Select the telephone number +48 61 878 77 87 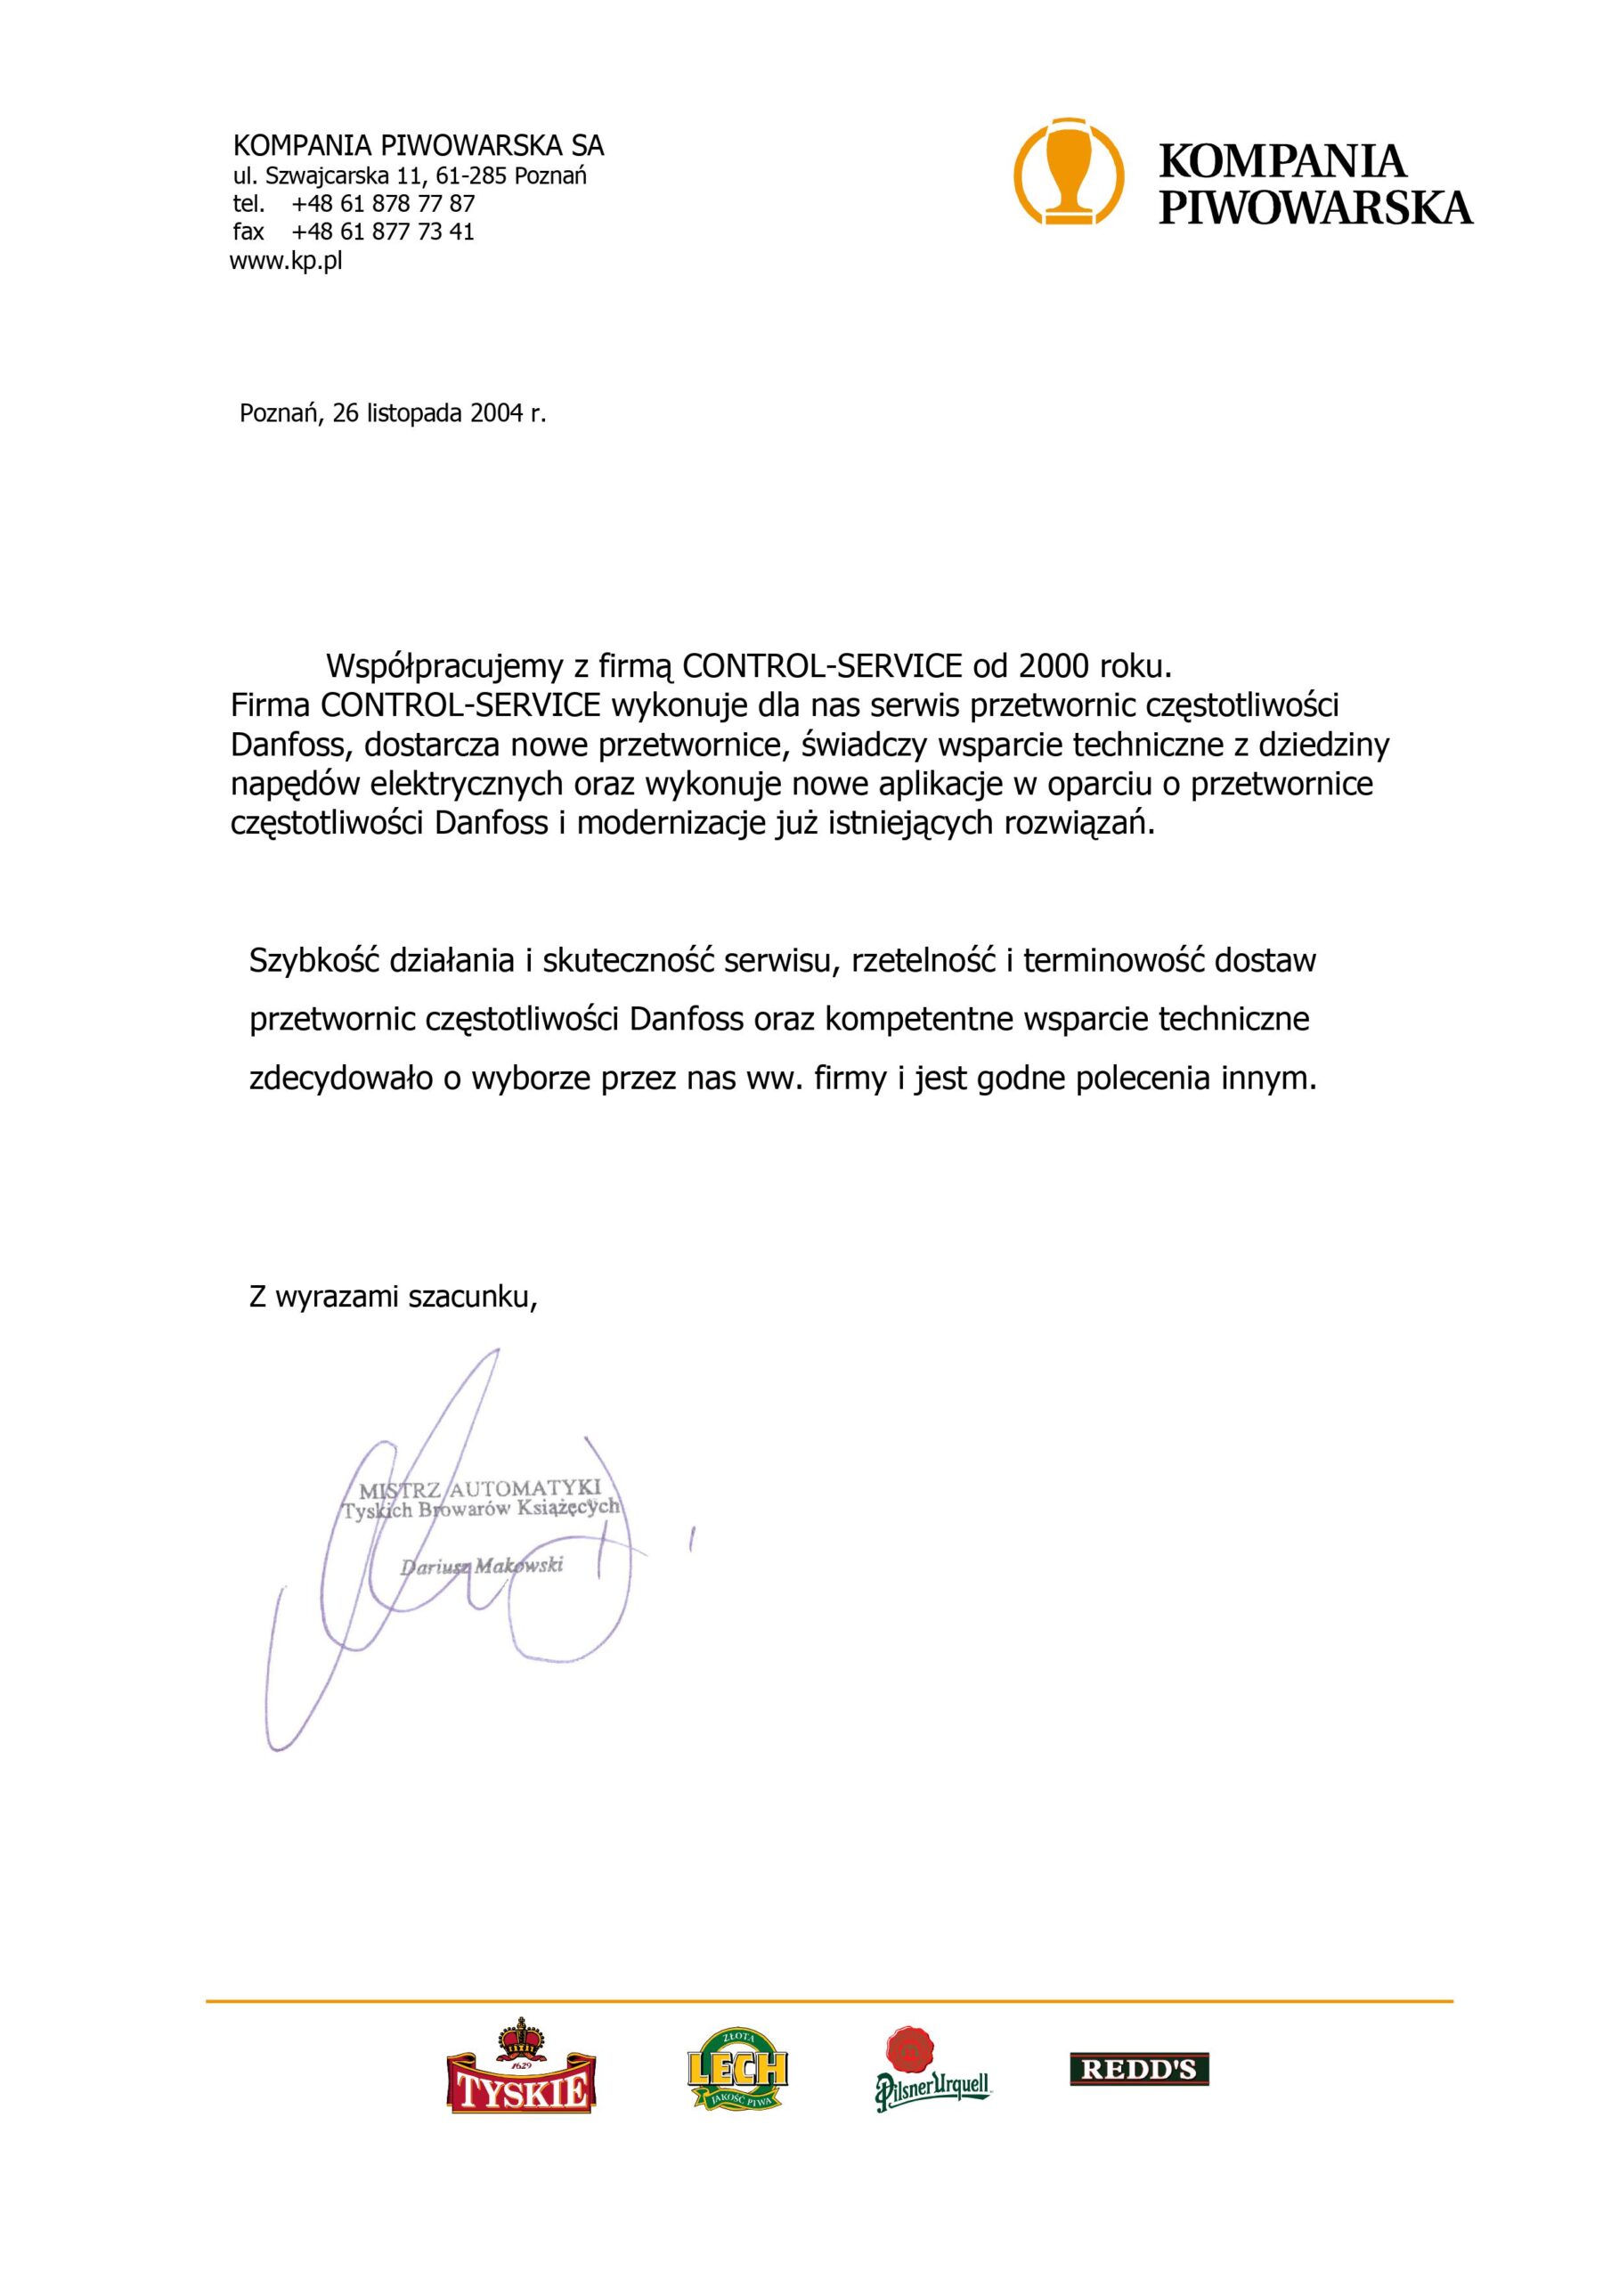pos(384,204)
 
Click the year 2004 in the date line pos(496,413)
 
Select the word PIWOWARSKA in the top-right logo pos(1315,207)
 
